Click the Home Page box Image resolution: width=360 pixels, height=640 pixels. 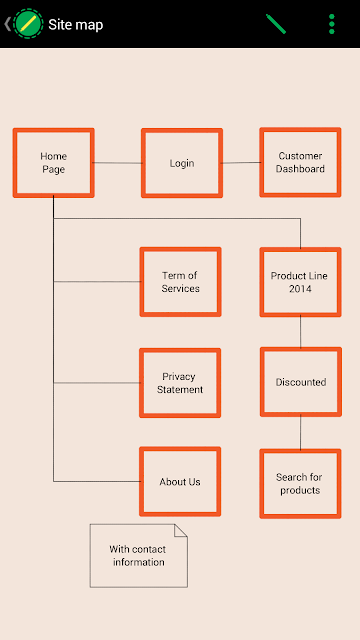53,163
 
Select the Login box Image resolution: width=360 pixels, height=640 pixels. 182,163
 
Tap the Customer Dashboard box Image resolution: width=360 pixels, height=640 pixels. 300,162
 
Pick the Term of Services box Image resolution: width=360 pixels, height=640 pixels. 180,282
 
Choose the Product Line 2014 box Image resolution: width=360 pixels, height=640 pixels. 300,282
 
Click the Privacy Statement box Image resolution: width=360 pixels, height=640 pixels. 180,383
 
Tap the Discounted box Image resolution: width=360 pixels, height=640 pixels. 301,382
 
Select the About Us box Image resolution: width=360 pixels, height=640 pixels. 180,482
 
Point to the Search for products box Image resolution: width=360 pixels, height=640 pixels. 300,484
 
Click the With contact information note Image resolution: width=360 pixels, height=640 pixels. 139,556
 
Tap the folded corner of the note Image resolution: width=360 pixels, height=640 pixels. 181,530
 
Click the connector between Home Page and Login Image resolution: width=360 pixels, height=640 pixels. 118,163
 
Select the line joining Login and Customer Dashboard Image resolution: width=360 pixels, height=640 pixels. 241,163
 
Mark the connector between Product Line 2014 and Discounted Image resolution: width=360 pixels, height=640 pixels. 301,332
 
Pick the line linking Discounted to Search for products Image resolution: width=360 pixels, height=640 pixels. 301,433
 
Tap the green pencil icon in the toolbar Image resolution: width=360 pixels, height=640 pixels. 276,24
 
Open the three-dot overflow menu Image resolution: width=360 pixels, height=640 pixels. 331,24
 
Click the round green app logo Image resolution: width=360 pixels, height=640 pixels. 28,24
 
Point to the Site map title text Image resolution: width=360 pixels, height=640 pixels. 76,24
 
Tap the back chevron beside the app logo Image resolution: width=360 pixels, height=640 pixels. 7,24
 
